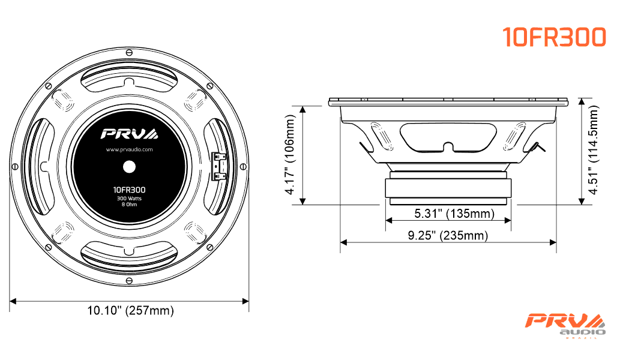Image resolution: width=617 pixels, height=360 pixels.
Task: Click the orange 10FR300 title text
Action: click(554, 37)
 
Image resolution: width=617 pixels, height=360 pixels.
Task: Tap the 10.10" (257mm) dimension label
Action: click(130, 310)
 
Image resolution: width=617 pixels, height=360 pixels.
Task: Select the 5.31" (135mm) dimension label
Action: click(454, 213)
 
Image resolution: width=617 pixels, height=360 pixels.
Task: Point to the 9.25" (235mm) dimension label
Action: click(448, 235)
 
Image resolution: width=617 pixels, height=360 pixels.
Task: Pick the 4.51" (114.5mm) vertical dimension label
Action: click(593, 149)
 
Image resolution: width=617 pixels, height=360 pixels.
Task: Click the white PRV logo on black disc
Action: click(129, 134)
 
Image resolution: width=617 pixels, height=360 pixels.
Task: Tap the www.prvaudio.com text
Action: click(129, 149)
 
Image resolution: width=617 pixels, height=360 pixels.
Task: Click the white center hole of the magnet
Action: click(129, 167)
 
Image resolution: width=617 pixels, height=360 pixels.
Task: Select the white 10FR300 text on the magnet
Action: click(129, 190)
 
